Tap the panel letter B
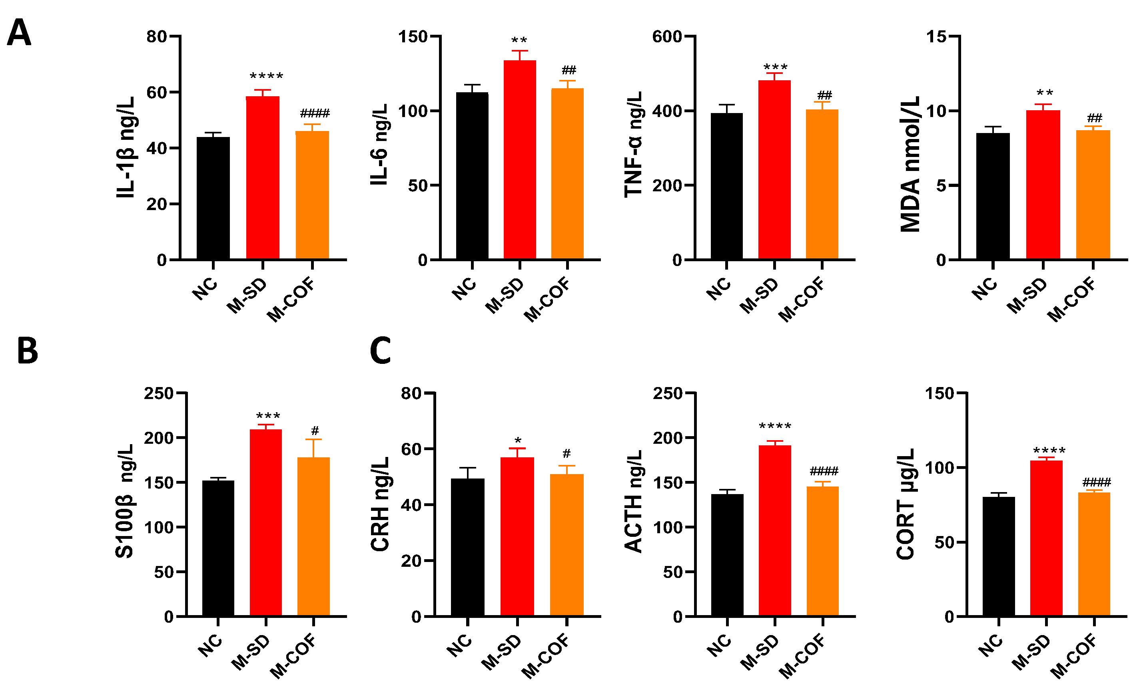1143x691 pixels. click(x=27, y=351)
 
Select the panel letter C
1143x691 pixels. click(x=380, y=351)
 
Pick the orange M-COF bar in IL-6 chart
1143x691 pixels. click(x=567, y=174)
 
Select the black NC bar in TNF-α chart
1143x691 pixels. click(x=726, y=186)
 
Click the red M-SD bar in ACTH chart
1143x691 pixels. click(x=775, y=531)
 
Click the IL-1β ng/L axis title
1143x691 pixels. click(x=126, y=147)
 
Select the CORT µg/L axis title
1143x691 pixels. click(x=905, y=504)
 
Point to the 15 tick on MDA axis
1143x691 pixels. click(x=936, y=37)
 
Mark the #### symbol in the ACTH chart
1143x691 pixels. click(x=824, y=471)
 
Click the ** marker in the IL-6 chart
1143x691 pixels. click(x=519, y=41)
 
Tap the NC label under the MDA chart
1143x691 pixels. click(x=984, y=289)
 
